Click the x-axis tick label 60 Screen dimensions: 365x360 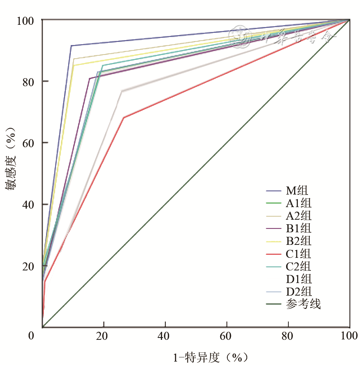(227, 336)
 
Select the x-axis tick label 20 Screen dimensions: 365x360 (104, 336)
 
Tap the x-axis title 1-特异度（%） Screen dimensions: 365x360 (211, 357)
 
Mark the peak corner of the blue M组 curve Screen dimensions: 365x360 (71, 46)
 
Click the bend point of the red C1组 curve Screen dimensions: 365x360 (123, 117)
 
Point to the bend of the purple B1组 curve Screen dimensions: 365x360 (89, 79)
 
